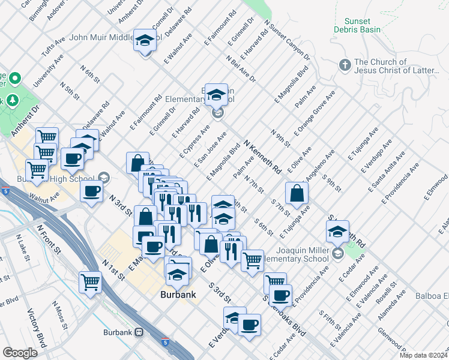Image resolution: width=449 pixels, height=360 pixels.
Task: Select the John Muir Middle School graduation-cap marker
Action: pos(144,41)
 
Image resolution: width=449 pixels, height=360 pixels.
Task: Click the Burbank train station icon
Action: pos(139,332)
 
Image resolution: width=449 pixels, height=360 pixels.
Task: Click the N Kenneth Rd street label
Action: pos(263,157)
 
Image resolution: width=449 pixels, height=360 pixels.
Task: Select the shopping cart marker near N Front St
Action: pos(90,281)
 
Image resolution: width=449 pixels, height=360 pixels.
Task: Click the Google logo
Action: pos(20,352)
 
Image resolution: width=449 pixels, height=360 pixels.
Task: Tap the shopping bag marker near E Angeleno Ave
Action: pos(297,193)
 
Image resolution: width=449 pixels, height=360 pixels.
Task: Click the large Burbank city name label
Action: pos(179,295)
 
